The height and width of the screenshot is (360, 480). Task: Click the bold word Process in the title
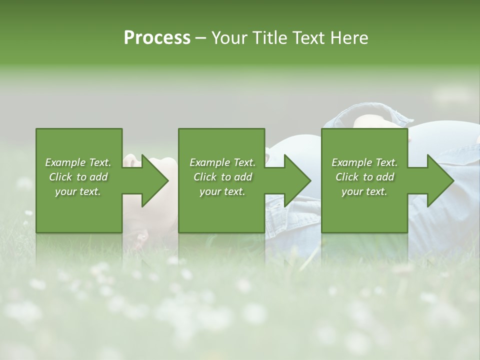157,38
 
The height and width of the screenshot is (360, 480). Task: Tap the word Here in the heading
349,38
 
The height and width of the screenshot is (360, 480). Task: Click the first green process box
79,210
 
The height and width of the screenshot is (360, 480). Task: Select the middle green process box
221,210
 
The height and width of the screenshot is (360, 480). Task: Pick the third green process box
364,210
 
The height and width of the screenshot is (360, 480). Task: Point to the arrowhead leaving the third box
440,180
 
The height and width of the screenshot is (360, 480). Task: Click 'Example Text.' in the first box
78,162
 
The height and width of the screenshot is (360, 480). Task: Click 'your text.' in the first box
78,191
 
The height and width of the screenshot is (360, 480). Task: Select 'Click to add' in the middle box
222,177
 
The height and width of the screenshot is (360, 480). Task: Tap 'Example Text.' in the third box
364,162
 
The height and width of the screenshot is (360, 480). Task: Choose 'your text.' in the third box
364,191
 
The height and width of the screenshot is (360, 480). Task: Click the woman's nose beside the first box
131,161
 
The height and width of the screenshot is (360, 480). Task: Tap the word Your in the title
229,38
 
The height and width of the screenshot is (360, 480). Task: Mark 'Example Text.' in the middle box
222,162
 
